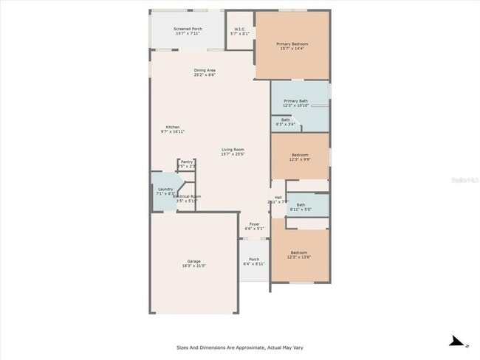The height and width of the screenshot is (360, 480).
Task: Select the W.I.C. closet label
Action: point(239,31)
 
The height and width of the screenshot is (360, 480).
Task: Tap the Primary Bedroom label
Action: point(292,46)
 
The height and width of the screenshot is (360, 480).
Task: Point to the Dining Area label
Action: point(205,72)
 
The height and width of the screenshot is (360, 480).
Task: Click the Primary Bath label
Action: point(295,103)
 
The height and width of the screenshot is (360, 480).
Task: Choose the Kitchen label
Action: point(172,128)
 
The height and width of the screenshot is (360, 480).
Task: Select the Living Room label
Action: point(233,151)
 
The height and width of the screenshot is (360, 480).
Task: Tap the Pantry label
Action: point(186,163)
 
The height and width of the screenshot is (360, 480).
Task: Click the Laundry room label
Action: point(165,190)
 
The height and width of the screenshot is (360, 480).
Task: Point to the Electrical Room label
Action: point(186,198)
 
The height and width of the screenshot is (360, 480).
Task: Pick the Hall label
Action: point(278,198)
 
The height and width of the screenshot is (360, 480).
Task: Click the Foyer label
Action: point(254,226)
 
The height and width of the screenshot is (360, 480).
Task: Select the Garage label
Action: point(193,263)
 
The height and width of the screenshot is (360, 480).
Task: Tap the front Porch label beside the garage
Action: point(253,260)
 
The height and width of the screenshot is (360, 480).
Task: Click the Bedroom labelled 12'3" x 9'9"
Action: point(299,157)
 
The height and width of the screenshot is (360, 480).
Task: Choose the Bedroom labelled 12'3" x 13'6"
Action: point(298,255)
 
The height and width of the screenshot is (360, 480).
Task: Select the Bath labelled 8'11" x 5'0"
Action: point(301,206)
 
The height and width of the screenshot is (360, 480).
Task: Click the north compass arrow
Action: point(459,342)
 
